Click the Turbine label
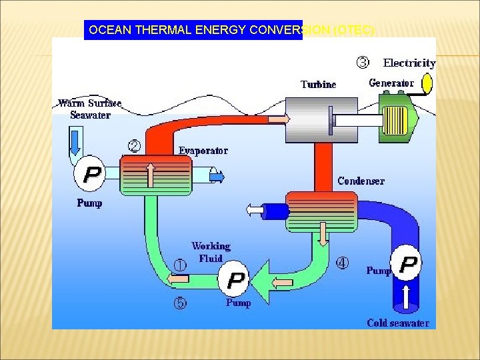tap(319, 85)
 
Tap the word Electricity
tap(409, 63)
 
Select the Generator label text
tap(391, 83)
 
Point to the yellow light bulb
tap(427, 83)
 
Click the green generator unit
tap(398, 117)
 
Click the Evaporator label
tap(203, 151)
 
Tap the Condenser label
tap(361, 181)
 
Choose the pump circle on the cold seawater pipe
tap(407, 264)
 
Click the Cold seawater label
tap(398, 323)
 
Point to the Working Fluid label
tap(211, 253)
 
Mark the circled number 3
tap(362, 63)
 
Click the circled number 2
tap(134, 145)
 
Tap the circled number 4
tap(342, 263)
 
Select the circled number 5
tap(181, 303)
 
